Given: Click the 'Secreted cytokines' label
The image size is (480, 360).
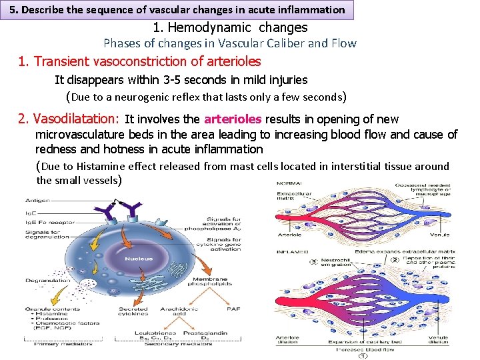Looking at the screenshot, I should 133,312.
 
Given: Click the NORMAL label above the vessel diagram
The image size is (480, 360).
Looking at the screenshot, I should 288,183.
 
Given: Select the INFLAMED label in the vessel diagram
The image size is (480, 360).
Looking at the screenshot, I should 291,251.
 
